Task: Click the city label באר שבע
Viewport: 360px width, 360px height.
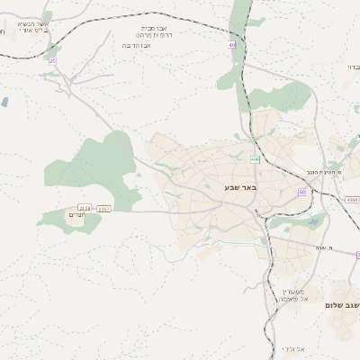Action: [x=240, y=187]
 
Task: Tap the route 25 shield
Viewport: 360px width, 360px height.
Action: [x=52, y=60]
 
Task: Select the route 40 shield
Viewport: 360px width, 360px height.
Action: [x=231, y=44]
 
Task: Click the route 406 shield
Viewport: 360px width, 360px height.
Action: [x=255, y=159]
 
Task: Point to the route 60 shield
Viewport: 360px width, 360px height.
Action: [x=302, y=192]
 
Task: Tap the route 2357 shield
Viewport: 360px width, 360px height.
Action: [x=104, y=209]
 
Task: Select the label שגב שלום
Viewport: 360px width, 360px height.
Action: [x=342, y=306]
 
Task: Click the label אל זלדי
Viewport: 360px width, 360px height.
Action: [x=293, y=348]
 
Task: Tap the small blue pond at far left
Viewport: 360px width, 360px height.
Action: [x=4, y=103]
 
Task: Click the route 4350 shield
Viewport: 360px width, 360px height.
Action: [x=351, y=200]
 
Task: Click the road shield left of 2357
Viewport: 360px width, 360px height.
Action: [x=85, y=208]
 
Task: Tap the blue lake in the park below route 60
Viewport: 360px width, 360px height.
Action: [x=312, y=221]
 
